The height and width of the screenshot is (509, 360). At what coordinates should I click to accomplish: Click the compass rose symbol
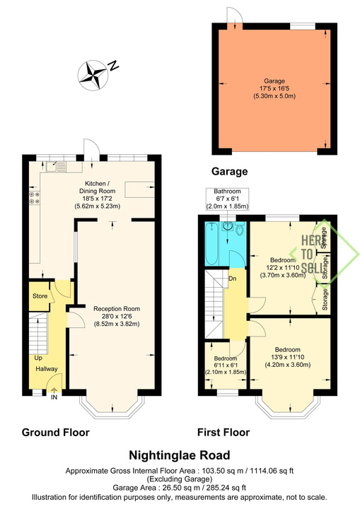[x=93, y=75]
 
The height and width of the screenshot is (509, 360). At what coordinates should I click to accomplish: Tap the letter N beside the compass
[x=113, y=66]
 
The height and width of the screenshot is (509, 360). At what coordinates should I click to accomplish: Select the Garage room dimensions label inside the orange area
[x=274, y=88]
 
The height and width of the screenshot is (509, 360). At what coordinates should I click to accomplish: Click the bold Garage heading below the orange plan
[x=229, y=171]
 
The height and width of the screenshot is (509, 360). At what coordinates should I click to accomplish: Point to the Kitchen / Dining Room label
[x=97, y=195]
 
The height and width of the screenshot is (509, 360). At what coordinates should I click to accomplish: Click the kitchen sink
[x=57, y=167]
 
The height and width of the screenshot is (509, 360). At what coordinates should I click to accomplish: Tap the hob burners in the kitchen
[x=35, y=198]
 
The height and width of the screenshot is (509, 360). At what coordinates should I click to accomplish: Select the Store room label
[x=40, y=296]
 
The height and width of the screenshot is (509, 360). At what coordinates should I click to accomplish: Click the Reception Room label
[x=117, y=316]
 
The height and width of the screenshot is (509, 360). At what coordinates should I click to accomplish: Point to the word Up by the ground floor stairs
[x=38, y=358]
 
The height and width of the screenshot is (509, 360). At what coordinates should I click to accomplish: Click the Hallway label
[x=47, y=369]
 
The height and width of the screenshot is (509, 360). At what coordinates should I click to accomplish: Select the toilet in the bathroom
[x=240, y=228]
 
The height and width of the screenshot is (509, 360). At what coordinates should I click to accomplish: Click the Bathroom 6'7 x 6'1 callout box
[x=228, y=199]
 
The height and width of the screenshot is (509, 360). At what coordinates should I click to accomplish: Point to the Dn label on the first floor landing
[x=232, y=279]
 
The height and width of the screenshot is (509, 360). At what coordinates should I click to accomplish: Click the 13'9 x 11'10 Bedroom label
[x=288, y=357]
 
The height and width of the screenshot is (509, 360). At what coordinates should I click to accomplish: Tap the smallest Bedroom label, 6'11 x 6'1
[x=226, y=365]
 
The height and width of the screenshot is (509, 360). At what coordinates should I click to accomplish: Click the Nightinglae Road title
[x=180, y=455]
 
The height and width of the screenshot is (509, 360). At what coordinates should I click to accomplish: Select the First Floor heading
[x=223, y=433]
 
